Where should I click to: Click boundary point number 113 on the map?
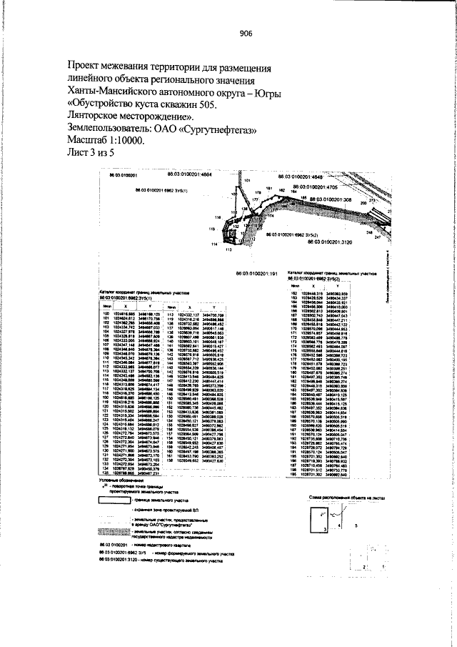228,250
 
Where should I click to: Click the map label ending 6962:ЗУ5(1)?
160,190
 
